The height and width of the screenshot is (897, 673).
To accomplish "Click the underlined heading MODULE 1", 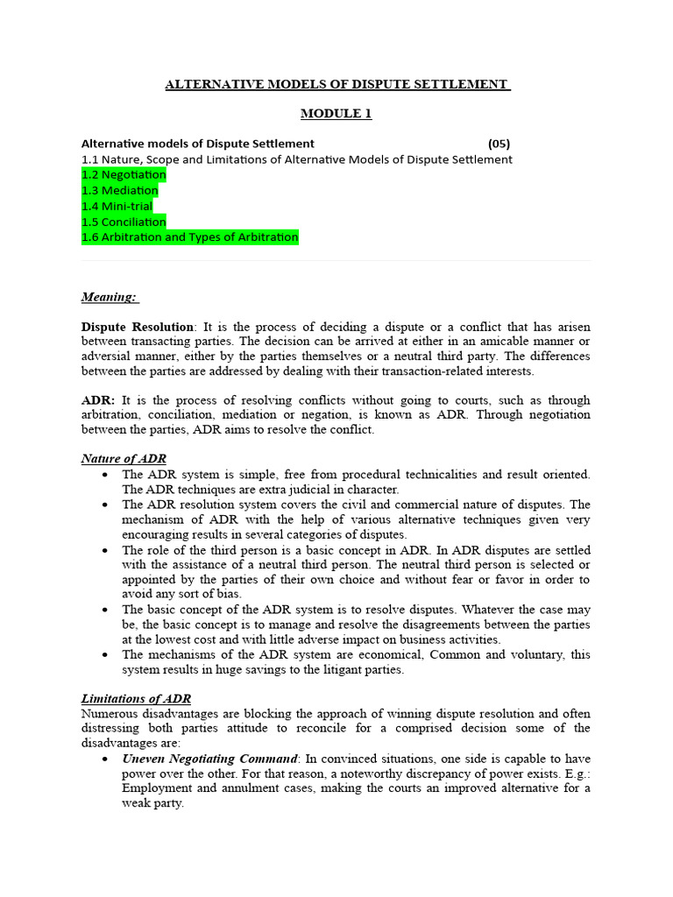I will click(336, 114).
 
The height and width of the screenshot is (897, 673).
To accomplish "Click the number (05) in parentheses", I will click(498, 144).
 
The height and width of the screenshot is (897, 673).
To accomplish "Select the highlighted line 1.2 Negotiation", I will click(124, 175).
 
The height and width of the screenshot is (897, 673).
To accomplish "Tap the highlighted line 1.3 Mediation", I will click(120, 191).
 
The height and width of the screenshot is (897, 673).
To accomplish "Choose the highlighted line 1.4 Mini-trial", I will click(117, 207).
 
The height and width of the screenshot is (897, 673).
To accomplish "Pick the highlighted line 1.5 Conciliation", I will click(124, 222).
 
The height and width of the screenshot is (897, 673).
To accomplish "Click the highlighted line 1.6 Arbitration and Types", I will click(190, 237).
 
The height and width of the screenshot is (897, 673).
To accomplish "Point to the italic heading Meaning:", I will click(109, 297).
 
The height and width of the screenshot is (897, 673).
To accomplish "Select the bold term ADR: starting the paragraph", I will click(98, 400).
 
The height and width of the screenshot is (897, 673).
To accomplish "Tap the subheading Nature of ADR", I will click(124, 459).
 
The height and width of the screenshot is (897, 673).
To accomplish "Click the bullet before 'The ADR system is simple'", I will click(105, 475).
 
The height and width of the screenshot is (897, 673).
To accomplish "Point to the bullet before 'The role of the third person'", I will click(105, 551).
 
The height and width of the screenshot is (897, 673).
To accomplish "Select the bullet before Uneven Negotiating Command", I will click(105, 759).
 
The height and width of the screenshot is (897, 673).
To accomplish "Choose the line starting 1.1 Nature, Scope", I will click(296, 159).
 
